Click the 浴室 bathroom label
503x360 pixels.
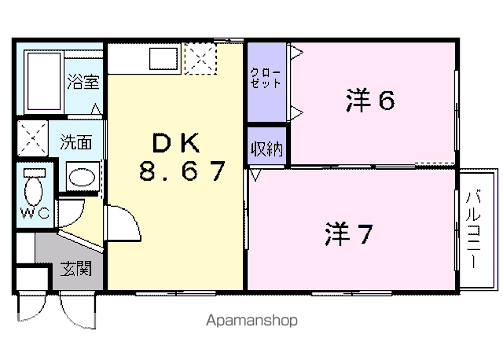pos(83,82)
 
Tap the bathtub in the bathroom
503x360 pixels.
pos(44,82)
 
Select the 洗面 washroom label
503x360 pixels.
pos(76,141)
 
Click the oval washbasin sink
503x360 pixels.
pos(82,177)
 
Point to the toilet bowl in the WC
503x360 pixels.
pos(33,191)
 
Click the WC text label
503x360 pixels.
pos(35,213)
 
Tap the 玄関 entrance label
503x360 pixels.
pos(76,268)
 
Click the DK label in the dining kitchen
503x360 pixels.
pos(176,143)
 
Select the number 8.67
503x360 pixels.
pos(182,171)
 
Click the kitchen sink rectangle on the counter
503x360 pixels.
pos(163,58)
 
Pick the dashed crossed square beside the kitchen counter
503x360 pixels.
pos(200,59)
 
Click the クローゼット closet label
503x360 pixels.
pos(266,78)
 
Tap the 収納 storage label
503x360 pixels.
pos(266,149)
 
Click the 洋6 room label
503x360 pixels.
pos(370,100)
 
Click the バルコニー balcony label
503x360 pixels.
pos(473,230)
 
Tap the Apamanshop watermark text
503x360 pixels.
pos(251,321)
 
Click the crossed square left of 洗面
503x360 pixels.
pos(32,138)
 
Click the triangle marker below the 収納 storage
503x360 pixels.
pos(255,175)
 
